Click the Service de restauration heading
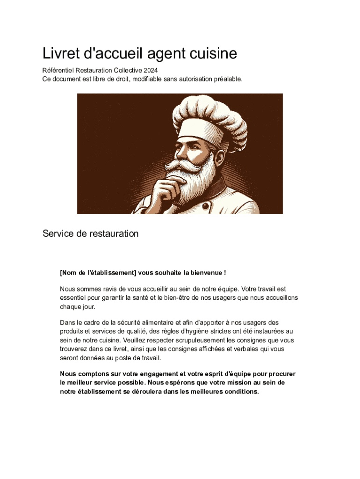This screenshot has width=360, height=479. tap(90, 233)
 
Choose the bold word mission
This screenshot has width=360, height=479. tap(247, 382)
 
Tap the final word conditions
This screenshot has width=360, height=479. tap(241, 392)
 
